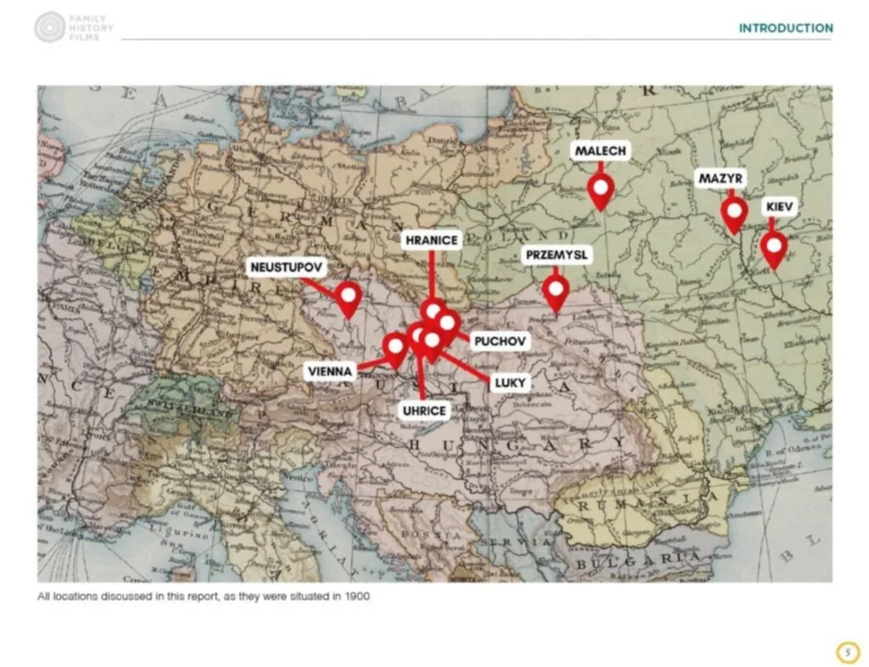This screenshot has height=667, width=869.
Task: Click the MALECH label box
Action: (601, 151)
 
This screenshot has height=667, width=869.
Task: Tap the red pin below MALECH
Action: (601, 190)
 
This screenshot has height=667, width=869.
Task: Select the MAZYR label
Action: (721, 179)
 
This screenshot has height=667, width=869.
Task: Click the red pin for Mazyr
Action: (734, 214)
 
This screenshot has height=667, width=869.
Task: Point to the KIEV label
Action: (780, 207)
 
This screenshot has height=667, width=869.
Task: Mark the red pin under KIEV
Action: (773, 248)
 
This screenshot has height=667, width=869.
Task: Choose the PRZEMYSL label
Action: (556, 255)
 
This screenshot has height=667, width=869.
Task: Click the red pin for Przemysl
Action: (556, 292)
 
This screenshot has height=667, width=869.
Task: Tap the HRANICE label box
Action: (431, 240)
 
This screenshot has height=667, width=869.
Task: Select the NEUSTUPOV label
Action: (287, 267)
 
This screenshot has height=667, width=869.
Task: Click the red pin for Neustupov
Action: (348, 297)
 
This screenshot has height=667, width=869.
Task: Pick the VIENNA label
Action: (330, 372)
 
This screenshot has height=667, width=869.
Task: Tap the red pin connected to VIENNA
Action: (395, 348)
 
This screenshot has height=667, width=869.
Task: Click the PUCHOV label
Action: (501, 341)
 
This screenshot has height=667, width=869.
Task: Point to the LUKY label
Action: (510, 383)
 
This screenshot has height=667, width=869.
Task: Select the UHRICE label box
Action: (424, 411)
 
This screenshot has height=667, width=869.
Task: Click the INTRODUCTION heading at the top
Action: (785, 28)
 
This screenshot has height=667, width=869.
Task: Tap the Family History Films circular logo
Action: (50, 27)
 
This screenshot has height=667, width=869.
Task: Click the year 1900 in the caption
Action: (357, 597)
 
